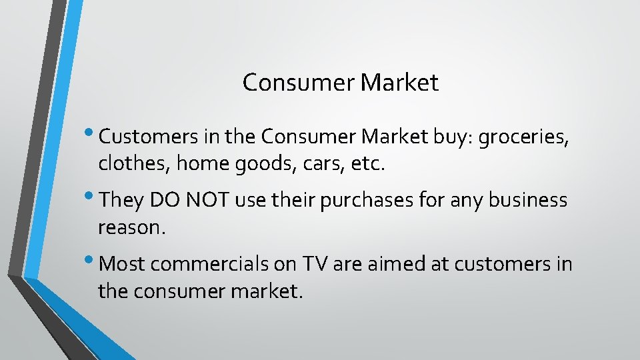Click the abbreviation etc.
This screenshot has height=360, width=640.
(x=369, y=163)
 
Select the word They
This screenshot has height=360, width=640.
(x=122, y=200)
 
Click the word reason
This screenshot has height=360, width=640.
(x=131, y=227)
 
